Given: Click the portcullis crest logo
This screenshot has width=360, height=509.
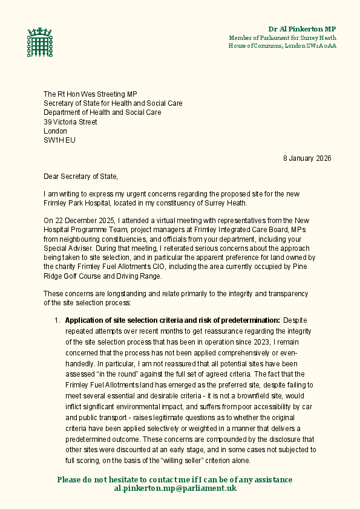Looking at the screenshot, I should [x=40, y=43].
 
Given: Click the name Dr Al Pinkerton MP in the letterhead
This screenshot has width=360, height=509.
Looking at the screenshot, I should [x=302, y=29].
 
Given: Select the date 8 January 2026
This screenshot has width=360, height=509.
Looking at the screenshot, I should [x=307, y=158].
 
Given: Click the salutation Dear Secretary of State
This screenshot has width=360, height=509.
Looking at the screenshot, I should [x=81, y=177].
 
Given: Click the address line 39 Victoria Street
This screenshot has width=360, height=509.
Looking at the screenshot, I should [x=70, y=122].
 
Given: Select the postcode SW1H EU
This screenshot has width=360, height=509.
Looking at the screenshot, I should [x=60, y=140].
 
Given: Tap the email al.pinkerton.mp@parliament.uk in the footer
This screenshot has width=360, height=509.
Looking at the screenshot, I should [x=175, y=488].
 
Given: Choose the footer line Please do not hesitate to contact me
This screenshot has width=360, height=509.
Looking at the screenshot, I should [x=175, y=479].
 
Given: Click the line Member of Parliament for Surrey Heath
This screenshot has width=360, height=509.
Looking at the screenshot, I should [x=282, y=37].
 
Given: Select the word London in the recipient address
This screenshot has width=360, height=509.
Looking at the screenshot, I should [x=55, y=131].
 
